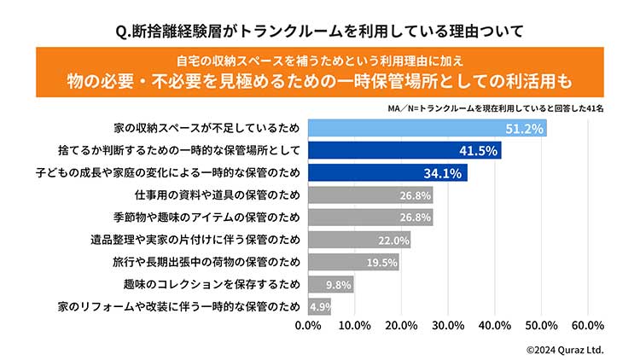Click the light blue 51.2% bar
point(427,128)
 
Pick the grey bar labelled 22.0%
point(358,240)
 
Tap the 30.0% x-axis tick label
point(448,326)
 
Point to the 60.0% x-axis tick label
point(588,326)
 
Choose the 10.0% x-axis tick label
point(354,326)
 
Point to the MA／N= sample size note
point(495,109)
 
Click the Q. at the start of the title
point(124,31)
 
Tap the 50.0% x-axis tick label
point(541,326)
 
